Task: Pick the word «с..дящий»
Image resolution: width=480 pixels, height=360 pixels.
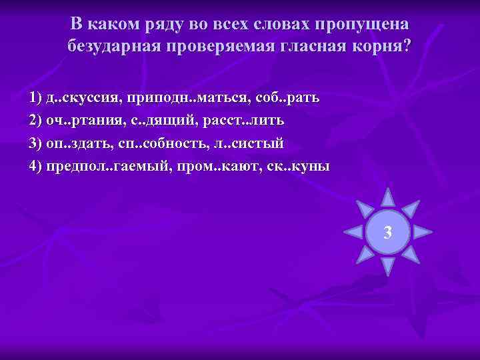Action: click(163, 121)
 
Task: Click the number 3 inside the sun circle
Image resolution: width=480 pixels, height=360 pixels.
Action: click(387, 233)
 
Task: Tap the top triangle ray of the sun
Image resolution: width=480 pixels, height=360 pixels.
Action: click(387, 198)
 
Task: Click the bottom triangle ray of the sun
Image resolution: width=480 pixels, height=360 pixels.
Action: click(387, 267)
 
